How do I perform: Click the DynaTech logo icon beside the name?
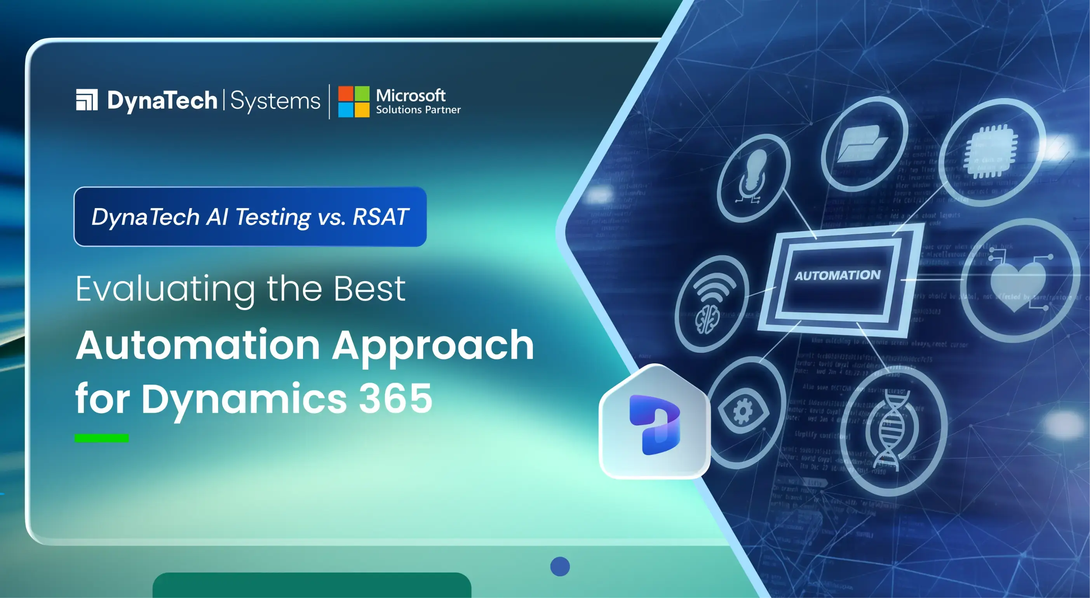(87, 100)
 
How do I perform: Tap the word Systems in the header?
(275, 101)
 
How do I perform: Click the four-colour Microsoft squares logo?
(354, 102)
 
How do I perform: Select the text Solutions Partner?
(418, 110)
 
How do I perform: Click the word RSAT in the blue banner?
(380, 217)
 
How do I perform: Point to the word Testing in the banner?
(273, 217)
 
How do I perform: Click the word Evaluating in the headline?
(165, 289)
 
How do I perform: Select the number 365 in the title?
(395, 398)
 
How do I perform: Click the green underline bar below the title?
(101, 438)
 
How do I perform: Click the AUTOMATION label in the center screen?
(838, 276)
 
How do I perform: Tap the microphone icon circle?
(754, 177)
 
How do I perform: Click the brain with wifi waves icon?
(712, 304)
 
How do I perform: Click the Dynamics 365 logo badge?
(655, 424)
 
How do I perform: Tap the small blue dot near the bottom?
(560, 566)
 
